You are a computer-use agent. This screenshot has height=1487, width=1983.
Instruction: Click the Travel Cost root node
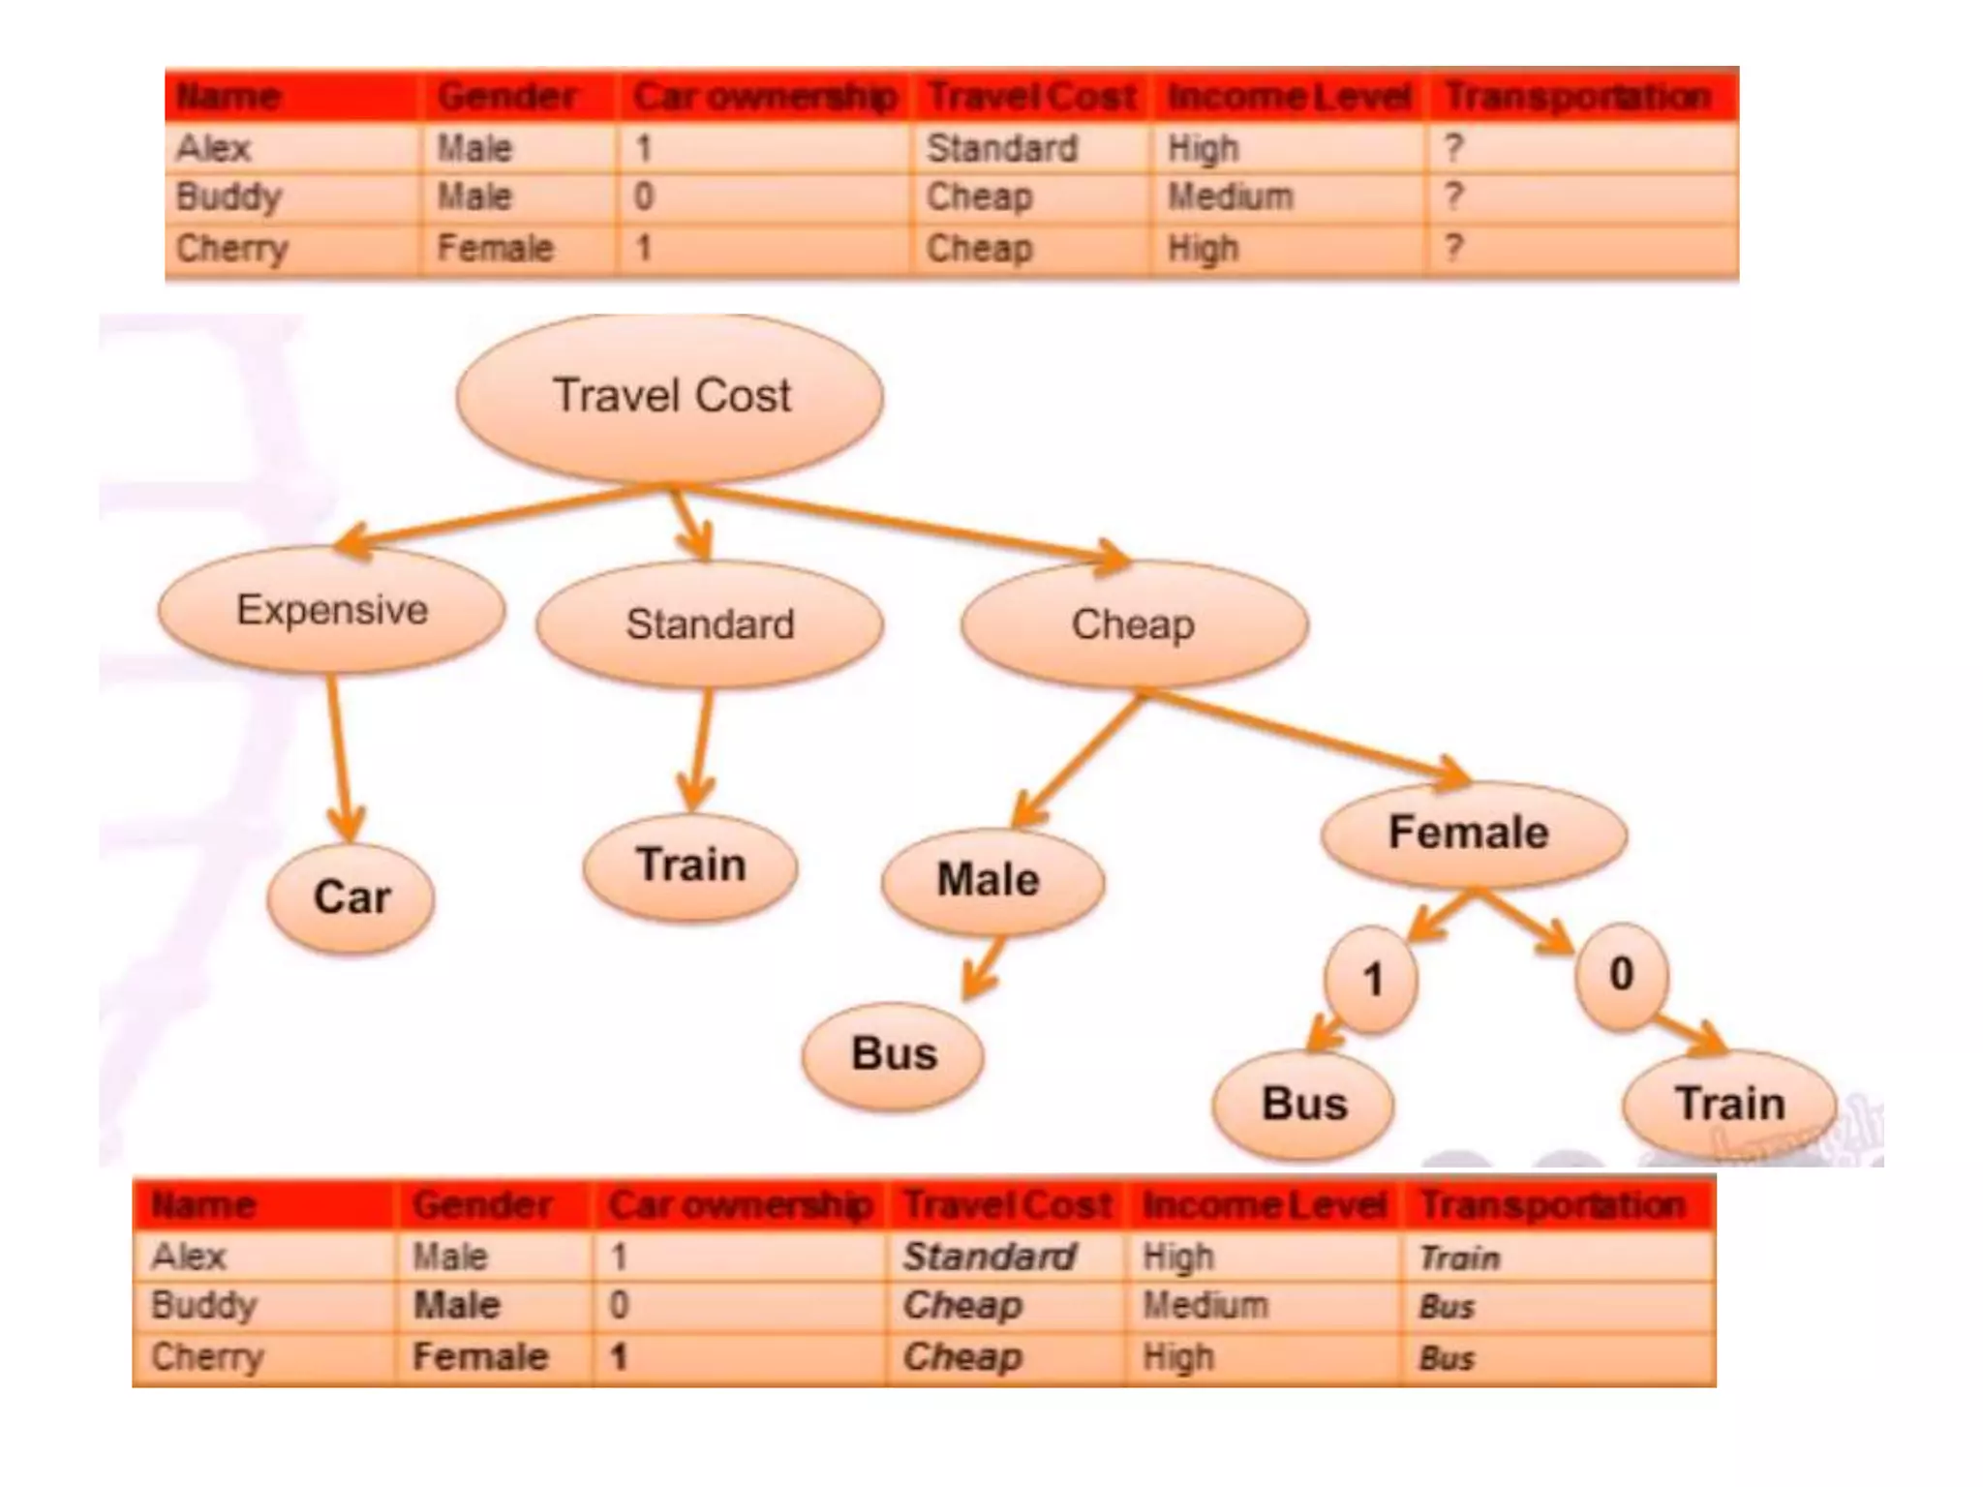point(670,397)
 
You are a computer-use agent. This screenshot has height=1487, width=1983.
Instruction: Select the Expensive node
point(332,610)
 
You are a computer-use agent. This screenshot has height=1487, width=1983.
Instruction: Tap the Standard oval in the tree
point(710,624)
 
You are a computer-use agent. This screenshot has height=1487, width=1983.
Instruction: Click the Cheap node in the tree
point(1134,624)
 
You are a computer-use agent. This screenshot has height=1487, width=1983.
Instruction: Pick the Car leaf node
point(351,897)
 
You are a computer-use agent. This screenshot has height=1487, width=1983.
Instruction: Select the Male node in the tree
point(991,881)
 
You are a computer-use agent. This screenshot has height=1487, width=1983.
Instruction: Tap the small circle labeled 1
point(1371,980)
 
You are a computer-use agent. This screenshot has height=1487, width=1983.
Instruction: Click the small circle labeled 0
point(1622,974)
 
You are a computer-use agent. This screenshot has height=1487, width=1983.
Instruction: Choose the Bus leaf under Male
point(894,1054)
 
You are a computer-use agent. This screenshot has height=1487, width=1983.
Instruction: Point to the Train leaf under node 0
point(1730,1104)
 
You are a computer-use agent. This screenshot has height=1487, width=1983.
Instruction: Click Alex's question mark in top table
point(1452,149)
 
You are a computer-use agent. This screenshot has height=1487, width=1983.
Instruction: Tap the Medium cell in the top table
point(1230,197)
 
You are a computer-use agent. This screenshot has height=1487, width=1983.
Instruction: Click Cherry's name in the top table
point(232,249)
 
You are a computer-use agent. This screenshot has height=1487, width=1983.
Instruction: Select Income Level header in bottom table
point(1264,1205)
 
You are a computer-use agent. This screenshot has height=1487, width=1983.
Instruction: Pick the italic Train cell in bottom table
point(1459,1258)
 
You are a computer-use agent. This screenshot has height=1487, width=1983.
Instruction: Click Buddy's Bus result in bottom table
point(1447,1307)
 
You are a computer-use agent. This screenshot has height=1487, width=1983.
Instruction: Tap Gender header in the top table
point(506,97)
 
